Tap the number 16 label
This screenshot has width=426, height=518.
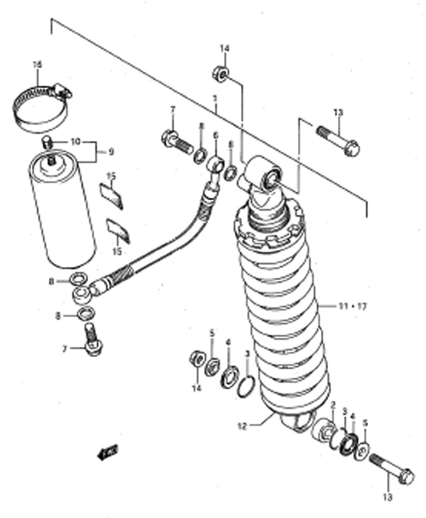click(37, 65)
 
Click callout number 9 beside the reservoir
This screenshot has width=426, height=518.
click(110, 152)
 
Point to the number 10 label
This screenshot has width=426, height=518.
click(76, 141)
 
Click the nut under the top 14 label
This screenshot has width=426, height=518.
click(219, 74)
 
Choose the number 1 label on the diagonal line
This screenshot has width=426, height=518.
click(215, 98)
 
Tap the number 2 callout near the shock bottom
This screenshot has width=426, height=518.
click(333, 405)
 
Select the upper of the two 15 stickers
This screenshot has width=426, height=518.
click(111, 195)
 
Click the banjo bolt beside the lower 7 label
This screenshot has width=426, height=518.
click(92, 340)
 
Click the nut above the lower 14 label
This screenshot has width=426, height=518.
click(197, 358)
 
